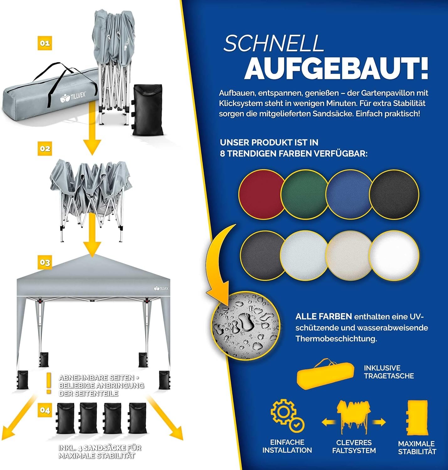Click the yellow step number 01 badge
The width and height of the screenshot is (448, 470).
45,43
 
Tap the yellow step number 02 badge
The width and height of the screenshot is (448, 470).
45,149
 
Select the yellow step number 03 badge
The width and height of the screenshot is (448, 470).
45,263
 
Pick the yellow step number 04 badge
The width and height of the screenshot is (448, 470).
45,410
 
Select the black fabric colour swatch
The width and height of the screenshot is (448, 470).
394,194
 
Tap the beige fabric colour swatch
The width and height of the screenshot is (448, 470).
349,255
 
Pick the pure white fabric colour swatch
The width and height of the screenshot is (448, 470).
394,255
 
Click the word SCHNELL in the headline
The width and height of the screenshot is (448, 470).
273,43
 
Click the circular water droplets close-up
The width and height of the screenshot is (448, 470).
245,326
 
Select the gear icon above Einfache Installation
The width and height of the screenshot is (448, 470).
287,415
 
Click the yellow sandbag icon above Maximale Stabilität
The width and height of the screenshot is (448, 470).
417,418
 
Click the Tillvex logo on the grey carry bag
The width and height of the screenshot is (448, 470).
73,97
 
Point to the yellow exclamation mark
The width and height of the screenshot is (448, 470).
49,383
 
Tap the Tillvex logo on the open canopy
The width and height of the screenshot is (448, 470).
161,288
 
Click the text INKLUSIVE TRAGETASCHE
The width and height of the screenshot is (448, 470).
389,372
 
